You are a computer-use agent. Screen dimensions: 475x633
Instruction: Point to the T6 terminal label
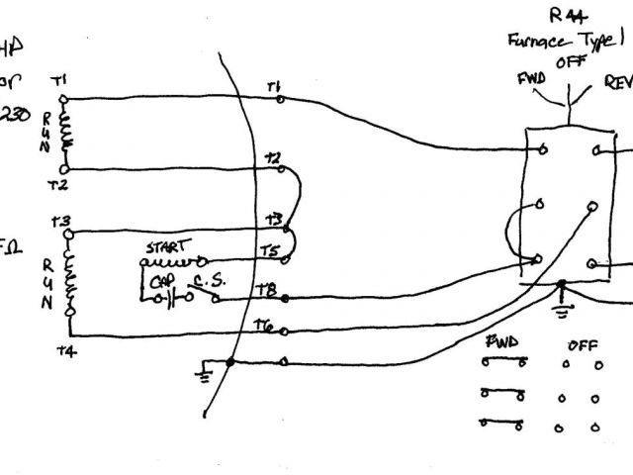(x=263, y=325)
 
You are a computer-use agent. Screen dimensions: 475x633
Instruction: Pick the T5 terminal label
(x=269, y=251)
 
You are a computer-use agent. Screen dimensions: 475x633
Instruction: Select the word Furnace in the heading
(x=537, y=41)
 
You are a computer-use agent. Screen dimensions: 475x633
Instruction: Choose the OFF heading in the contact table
(x=582, y=345)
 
